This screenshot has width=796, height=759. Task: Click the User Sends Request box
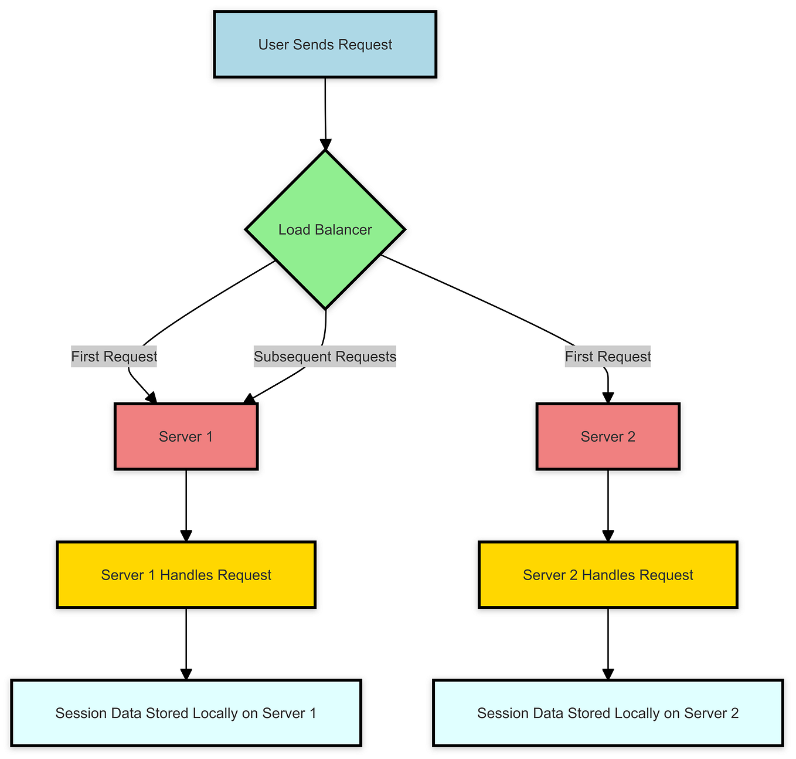pos(325,44)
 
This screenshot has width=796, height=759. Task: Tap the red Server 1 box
pos(186,436)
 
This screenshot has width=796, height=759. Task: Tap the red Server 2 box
pos(608,436)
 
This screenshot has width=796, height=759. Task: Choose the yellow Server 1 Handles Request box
pos(186,575)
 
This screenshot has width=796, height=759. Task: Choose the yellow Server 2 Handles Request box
pos(608,575)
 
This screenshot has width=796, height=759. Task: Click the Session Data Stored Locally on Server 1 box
pos(186,713)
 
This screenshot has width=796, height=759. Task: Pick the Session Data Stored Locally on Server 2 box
pos(608,713)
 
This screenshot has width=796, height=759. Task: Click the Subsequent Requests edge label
pos(325,357)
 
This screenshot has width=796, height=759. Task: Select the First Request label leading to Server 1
pos(114,357)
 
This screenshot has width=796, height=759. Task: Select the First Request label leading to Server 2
pos(608,357)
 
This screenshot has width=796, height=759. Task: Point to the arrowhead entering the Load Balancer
pos(325,145)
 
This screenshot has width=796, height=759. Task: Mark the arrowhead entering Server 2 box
pos(608,397)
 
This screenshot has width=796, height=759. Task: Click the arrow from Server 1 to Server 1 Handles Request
pos(186,504)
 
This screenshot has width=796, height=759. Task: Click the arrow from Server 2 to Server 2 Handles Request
pos(608,504)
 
